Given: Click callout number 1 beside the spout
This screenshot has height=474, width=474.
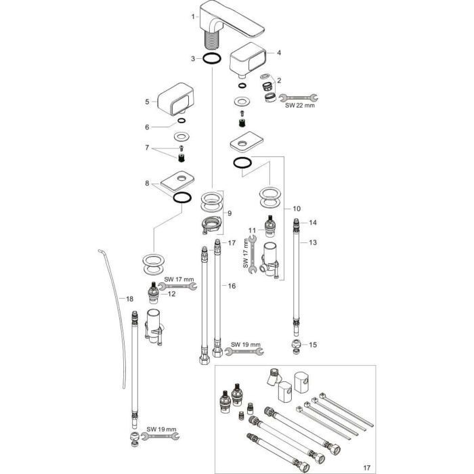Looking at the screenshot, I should (x=193, y=16).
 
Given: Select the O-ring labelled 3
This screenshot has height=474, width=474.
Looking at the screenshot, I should (x=212, y=59).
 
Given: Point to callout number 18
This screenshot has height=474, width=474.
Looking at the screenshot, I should (x=130, y=298).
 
